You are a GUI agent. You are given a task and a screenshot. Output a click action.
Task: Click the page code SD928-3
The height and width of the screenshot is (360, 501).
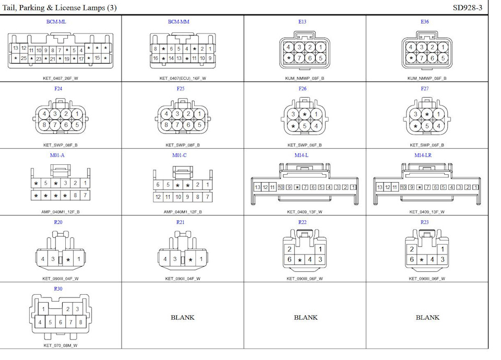point(468,7)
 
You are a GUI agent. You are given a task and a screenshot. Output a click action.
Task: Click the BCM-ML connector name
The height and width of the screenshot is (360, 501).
point(56,22)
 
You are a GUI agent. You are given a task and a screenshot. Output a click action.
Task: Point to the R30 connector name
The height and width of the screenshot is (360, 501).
point(58,289)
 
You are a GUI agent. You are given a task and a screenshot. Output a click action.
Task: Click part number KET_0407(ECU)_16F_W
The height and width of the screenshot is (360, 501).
point(183,78)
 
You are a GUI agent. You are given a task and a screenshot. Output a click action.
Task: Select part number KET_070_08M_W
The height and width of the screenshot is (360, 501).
point(61,345)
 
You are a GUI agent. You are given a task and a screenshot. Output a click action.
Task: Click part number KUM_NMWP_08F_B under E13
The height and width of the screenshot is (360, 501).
point(304,78)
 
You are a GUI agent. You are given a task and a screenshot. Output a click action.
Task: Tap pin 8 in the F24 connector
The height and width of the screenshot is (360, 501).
point(45,125)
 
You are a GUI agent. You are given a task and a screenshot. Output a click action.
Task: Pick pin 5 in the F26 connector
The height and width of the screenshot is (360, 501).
point(305,126)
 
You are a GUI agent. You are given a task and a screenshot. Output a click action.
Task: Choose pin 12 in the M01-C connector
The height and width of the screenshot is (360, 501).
point(158,197)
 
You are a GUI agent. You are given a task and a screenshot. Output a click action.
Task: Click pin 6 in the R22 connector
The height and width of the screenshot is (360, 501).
point(289,259)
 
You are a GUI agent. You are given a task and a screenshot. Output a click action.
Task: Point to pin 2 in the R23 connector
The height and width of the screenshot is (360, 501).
point(412,249)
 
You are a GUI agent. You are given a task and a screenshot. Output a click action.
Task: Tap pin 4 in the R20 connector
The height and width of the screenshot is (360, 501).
point(43,259)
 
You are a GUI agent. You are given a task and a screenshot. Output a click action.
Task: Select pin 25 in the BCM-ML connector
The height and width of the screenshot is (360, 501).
point(24,58)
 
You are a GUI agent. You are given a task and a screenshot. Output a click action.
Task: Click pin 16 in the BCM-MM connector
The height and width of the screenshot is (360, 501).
point(156,58)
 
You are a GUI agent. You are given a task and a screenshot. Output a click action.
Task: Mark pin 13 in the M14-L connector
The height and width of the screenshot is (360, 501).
point(257,187)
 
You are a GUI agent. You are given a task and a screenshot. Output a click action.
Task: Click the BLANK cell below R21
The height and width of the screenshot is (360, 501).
point(183,317)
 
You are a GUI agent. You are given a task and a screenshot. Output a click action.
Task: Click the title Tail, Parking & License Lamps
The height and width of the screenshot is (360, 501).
point(59,7)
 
